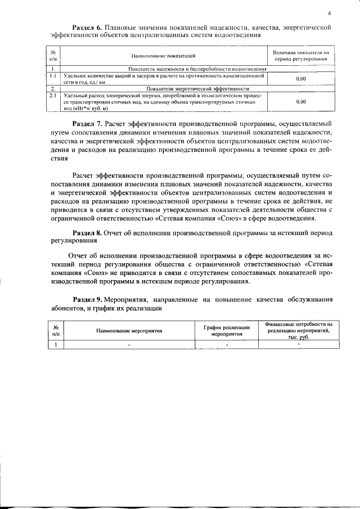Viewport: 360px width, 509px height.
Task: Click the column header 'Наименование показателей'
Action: click(163, 56)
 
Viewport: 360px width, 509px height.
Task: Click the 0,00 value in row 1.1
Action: click(300, 79)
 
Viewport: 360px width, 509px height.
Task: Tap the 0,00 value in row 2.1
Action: click(300, 102)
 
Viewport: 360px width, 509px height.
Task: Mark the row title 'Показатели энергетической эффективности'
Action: click(197, 89)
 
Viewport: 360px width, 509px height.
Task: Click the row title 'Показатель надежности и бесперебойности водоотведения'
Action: click(197, 69)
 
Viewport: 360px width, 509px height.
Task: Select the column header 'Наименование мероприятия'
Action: click(129, 331)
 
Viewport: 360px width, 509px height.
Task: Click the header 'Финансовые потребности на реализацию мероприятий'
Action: click(299, 331)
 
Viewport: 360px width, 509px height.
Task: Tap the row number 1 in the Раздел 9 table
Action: click(56, 345)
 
